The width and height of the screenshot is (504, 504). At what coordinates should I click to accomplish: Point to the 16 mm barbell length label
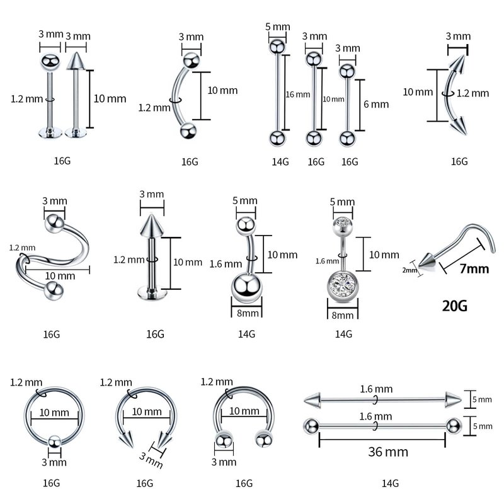pos(298,94)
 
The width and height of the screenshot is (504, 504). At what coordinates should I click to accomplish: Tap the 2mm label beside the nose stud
pos(410,271)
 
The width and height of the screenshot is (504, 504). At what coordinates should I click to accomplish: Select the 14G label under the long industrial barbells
pos(390,484)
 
